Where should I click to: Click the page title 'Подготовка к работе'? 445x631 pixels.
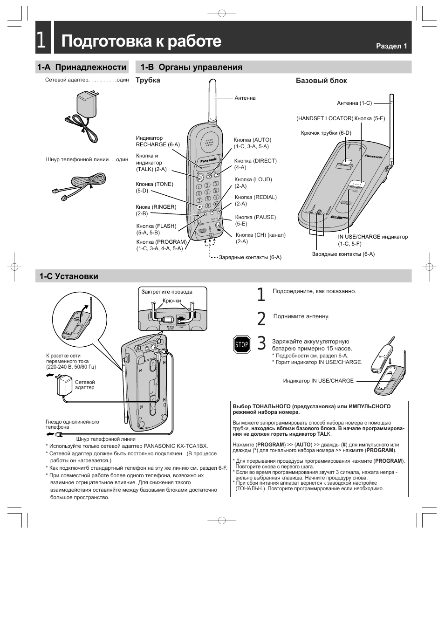click(x=141, y=41)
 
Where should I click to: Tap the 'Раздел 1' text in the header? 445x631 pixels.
click(x=392, y=46)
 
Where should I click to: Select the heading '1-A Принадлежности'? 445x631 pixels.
click(x=82, y=67)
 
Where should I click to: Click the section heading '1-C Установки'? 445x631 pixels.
click(x=69, y=276)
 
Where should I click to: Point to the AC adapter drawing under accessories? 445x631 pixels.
click(x=84, y=116)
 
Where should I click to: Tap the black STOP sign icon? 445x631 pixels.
click(x=242, y=345)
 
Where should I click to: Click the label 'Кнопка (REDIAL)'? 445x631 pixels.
click(x=256, y=197)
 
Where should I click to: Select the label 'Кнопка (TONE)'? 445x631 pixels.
click(x=154, y=184)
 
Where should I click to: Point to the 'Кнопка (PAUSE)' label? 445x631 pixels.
click(x=255, y=217)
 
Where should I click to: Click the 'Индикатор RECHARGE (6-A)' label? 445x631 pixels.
click(x=157, y=141)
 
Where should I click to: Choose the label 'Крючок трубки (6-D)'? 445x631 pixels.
click(x=326, y=133)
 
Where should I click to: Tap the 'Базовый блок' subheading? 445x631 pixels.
click(x=322, y=81)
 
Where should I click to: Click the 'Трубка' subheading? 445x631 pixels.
click(x=148, y=80)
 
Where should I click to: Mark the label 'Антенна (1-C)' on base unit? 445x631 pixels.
click(x=354, y=103)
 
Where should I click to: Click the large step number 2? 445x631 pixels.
click(x=261, y=318)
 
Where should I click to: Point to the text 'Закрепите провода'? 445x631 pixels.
click(x=167, y=292)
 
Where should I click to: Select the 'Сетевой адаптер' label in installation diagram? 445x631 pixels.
click(x=85, y=384)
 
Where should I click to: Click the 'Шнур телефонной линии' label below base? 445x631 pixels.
click(x=106, y=439)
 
